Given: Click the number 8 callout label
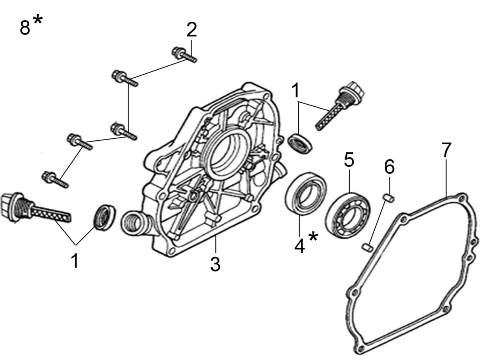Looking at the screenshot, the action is (x=25, y=28).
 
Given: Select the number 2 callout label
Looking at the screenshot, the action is (x=191, y=29).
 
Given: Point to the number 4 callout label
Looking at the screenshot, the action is (x=299, y=246).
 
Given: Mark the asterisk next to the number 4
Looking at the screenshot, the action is (x=313, y=237).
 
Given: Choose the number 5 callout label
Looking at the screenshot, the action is (x=349, y=160).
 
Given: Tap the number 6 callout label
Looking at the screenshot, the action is (x=389, y=167).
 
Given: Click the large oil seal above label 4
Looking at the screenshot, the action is (x=306, y=193).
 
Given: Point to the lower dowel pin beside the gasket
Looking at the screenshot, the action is (x=367, y=248).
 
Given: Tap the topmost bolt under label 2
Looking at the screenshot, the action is (x=184, y=54).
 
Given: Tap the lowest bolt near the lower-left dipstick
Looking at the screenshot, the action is (x=55, y=180).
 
